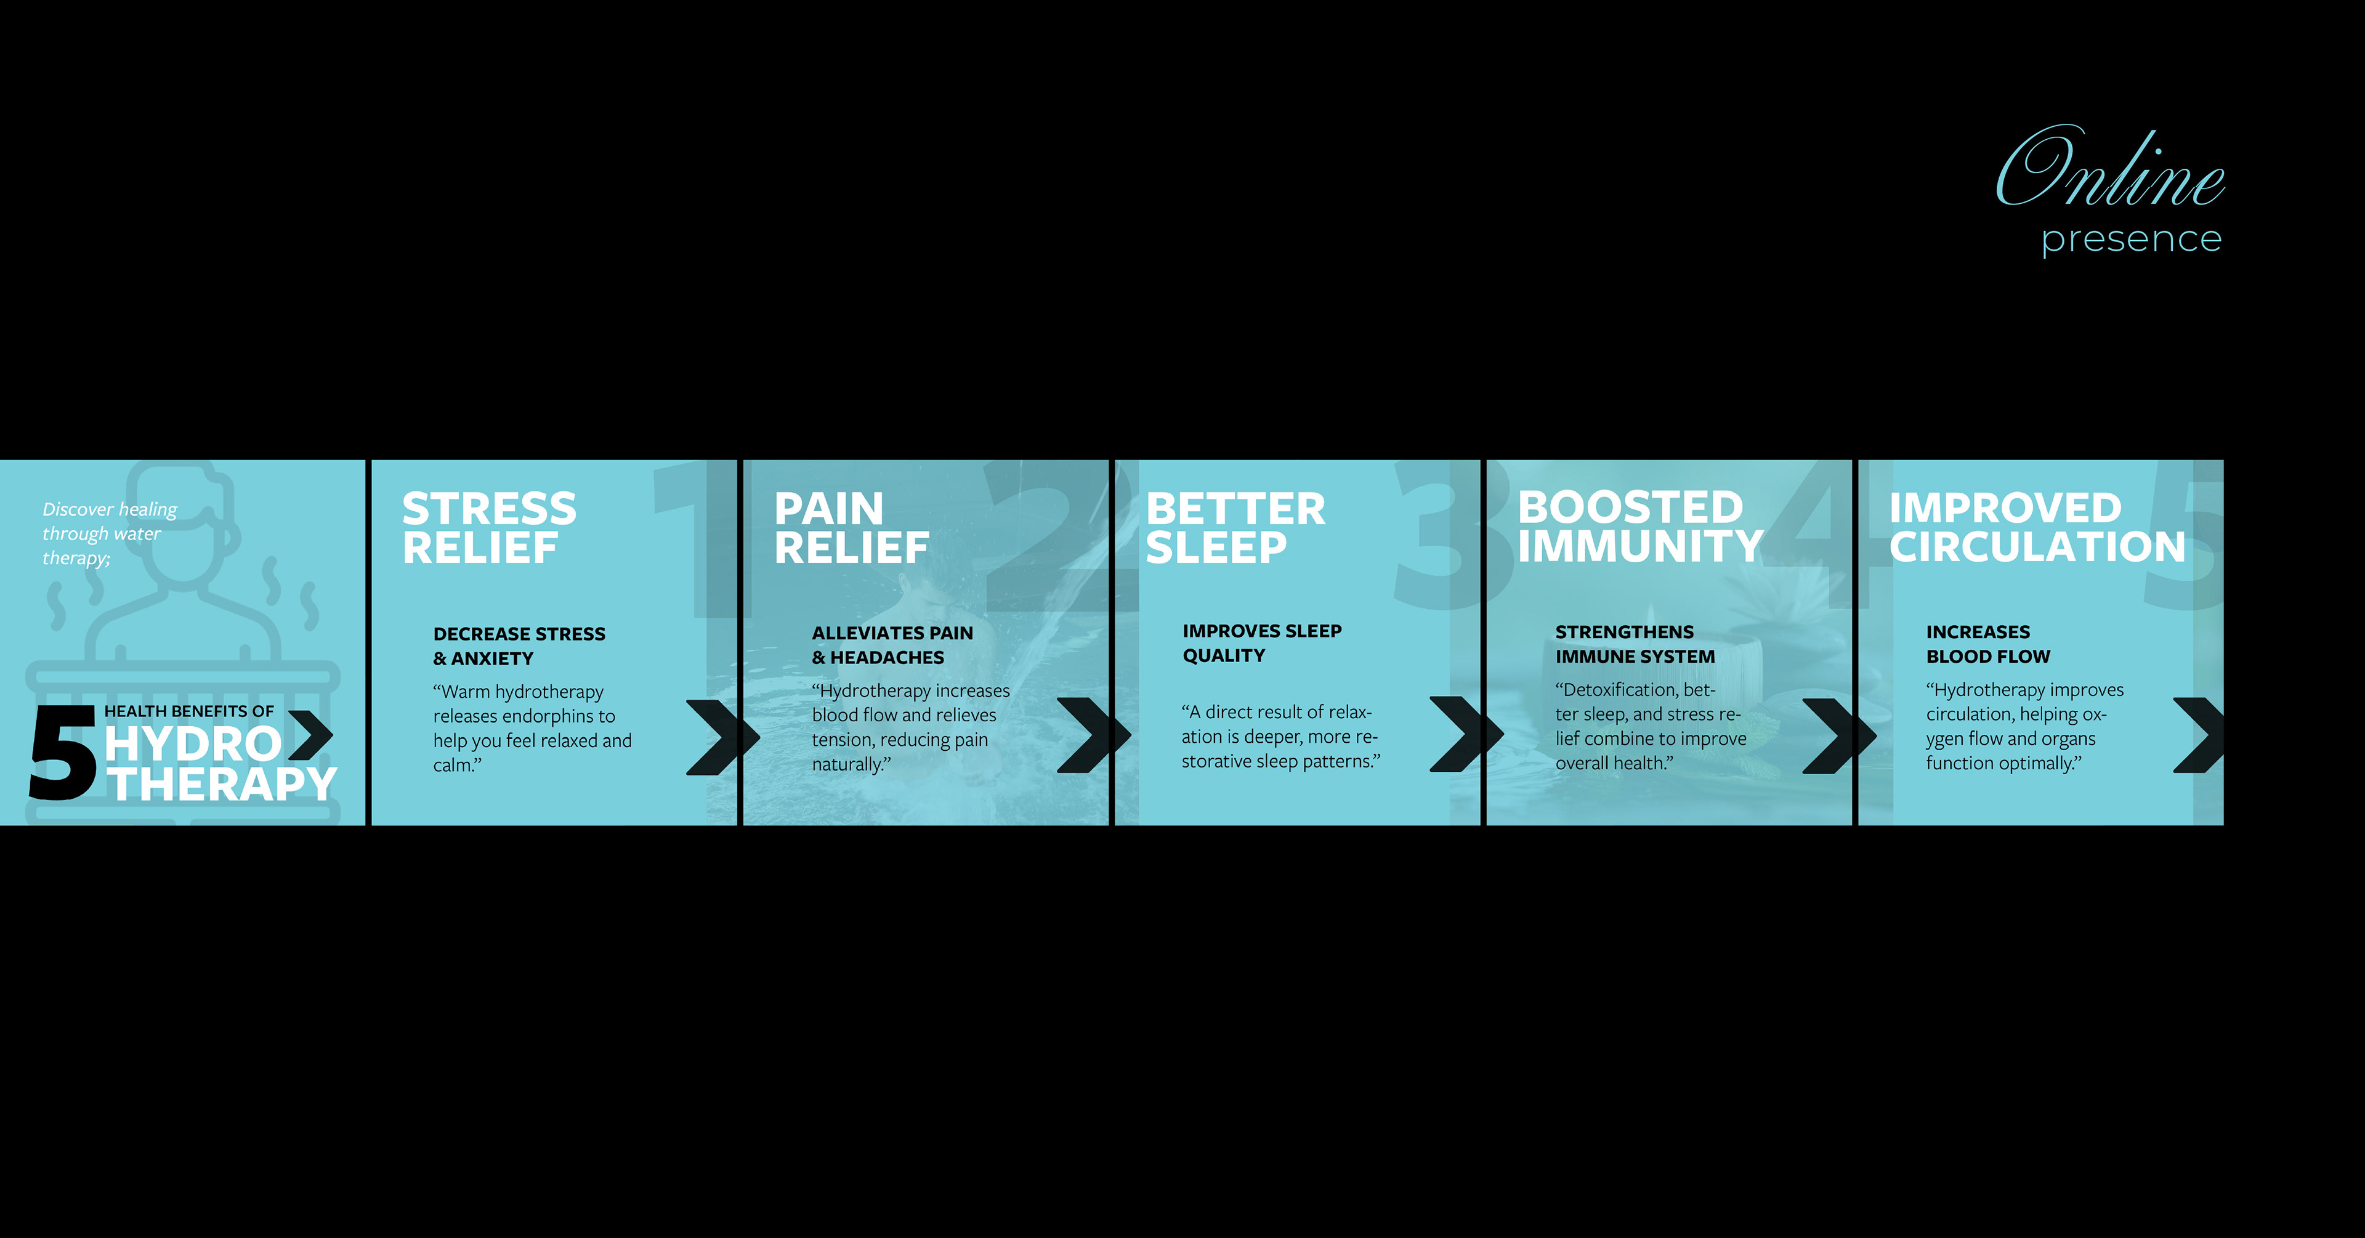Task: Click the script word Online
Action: coord(2110,166)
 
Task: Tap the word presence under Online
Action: coord(2131,240)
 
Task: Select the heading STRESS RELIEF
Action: coord(490,528)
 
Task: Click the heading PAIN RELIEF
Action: coord(851,528)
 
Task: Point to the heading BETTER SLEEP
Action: coord(1235,528)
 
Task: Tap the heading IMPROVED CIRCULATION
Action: coord(2037,527)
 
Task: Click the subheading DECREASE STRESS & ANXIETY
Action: coord(519,645)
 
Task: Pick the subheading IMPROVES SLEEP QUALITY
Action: coord(1261,643)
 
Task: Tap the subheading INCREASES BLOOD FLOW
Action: coord(1987,644)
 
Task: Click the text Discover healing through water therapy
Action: coord(109,533)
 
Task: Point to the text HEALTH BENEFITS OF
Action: coord(189,711)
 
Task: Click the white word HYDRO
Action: coord(193,744)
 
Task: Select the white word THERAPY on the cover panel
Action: coord(222,783)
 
